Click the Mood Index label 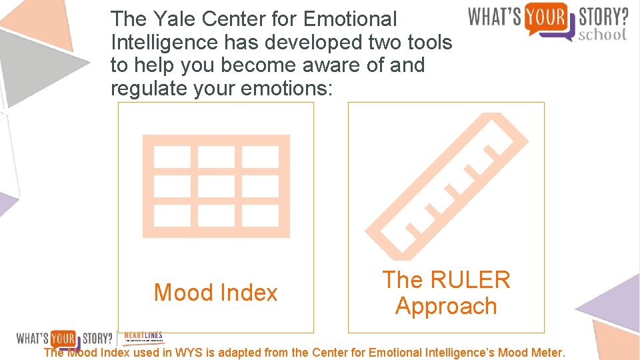point(215,293)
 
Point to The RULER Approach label point(446,293)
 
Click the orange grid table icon point(216,186)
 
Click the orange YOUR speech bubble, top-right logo point(545,15)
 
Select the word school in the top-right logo point(603,34)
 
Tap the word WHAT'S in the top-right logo point(495,15)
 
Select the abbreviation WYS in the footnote point(186,352)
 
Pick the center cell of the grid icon point(216,186)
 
